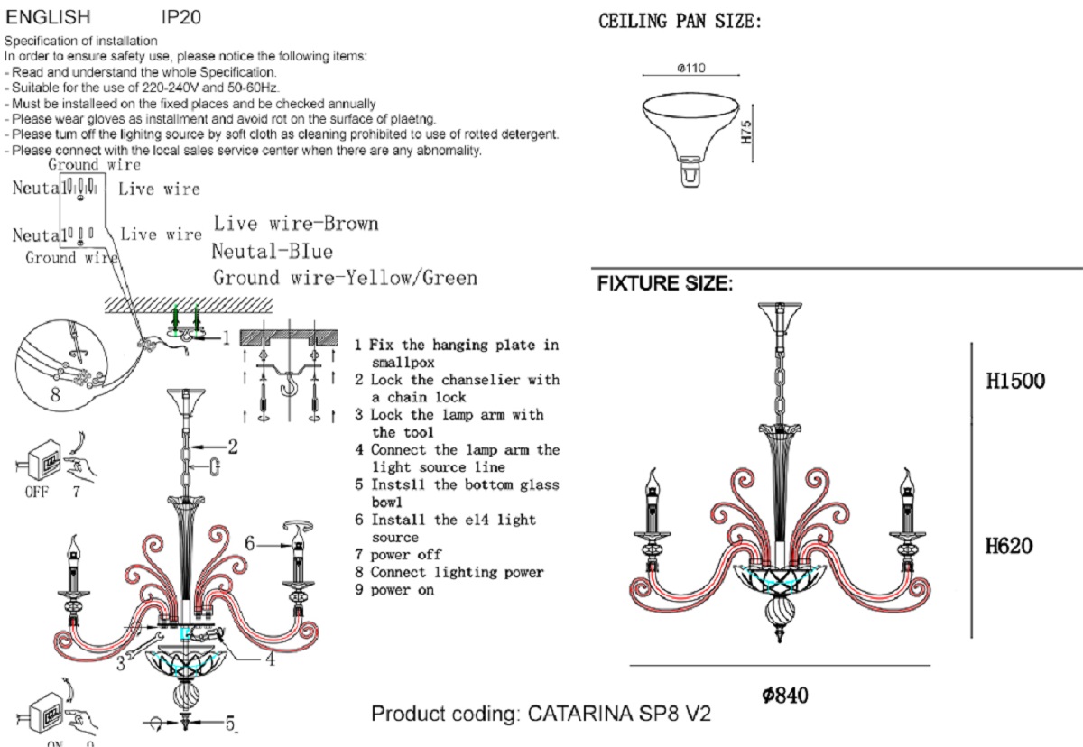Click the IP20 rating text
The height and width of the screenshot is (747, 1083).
pyautogui.click(x=181, y=17)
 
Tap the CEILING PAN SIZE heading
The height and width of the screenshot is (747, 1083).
pyautogui.click(x=680, y=22)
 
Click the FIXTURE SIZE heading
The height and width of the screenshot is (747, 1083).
pyautogui.click(x=664, y=284)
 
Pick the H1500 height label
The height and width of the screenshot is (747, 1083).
pyautogui.click(x=1015, y=381)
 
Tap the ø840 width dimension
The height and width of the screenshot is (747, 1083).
pyautogui.click(x=784, y=695)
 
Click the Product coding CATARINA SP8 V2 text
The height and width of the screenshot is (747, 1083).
pyautogui.click(x=541, y=714)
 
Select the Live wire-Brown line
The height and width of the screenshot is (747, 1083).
pyautogui.click(x=295, y=224)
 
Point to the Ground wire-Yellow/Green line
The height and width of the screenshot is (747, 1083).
pyautogui.click(x=345, y=278)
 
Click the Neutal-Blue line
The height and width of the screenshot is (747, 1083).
pyautogui.click(x=272, y=251)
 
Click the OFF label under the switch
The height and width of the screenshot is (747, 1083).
pyautogui.click(x=36, y=492)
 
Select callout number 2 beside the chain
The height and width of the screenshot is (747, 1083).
pyautogui.click(x=232, y=445)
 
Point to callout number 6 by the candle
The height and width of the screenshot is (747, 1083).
pyautogui.click(x=252, y=543)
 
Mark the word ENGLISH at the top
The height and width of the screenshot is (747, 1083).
pyautogui.click(x=49, y=17)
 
